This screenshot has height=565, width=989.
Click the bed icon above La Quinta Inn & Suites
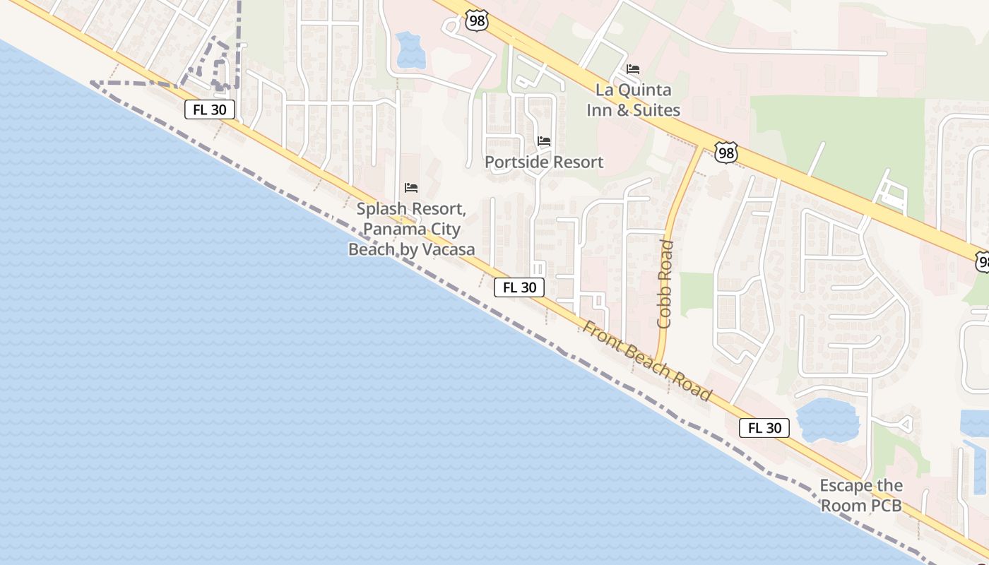point(633,69)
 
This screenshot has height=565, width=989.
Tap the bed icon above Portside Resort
point(544,141)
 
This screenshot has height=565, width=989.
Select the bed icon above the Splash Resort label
point(411,188)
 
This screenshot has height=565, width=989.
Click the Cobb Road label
point(665,284)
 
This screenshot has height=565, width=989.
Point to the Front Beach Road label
point(646,361)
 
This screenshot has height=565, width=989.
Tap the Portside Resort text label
point(544,162)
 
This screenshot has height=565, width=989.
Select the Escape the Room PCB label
point(861,496)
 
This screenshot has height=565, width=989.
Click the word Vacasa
point(448,249)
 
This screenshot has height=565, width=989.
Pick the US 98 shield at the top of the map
point(477,20)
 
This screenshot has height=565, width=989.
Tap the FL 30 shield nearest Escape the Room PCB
point(764,428)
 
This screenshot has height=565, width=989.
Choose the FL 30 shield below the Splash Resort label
point(519,287)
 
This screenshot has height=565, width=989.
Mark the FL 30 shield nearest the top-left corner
point(210,109)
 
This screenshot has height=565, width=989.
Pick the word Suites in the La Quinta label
point(658,110)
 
